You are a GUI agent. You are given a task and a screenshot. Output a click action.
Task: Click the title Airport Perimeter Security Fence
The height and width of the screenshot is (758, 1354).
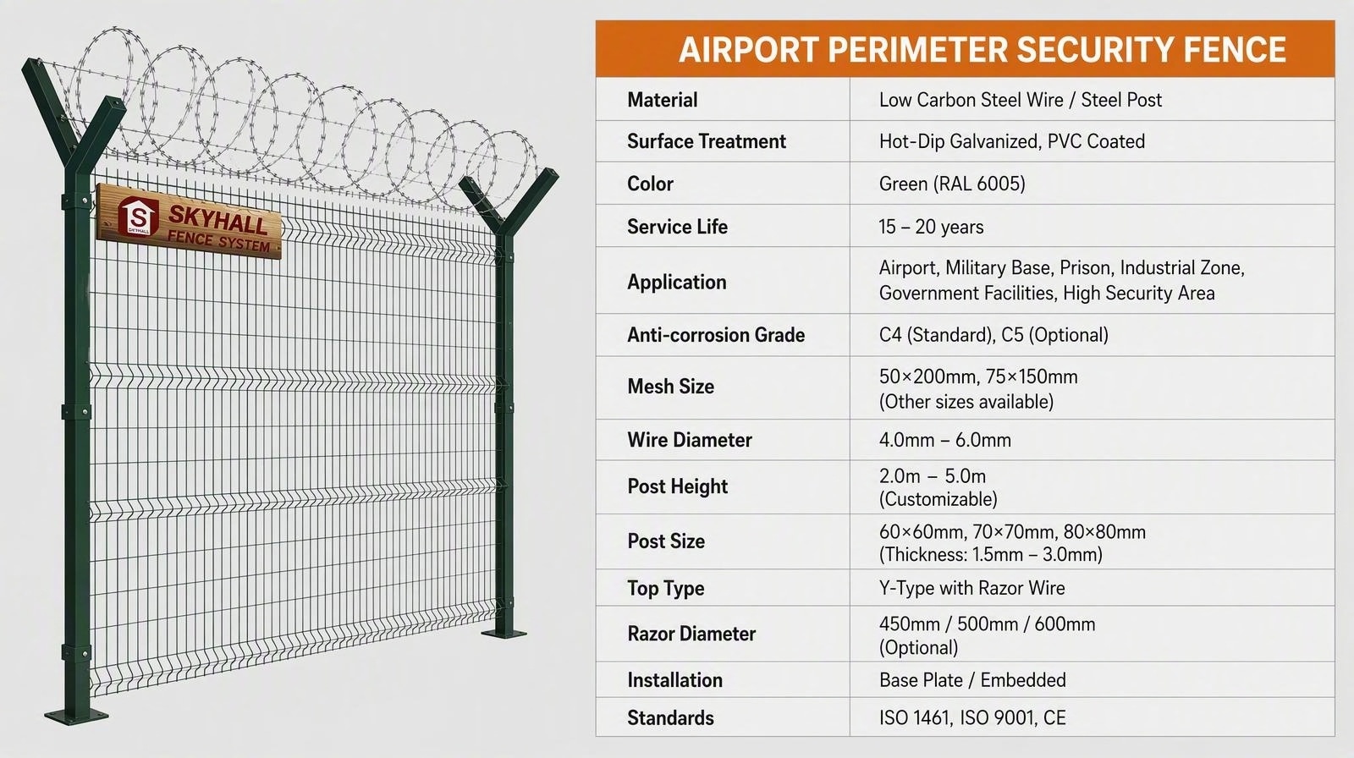pyautogui.click(x=982, y=50)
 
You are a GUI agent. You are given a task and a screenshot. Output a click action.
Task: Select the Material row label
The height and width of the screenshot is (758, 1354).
pyautogui.click(x=663, y=100)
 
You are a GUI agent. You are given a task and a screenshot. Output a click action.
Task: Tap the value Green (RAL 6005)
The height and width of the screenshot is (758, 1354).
pyautogui.click(x=952, y=184)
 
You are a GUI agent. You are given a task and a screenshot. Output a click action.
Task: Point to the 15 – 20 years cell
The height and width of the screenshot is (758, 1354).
pyautogui.click(x=931, y=227)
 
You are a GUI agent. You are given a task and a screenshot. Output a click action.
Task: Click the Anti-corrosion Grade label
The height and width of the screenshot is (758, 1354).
pyautogui.click(x=716, y=335)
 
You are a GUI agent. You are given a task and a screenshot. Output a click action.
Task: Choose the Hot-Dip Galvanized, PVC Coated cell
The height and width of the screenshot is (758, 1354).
pyautogui.click(x=1012, y=141)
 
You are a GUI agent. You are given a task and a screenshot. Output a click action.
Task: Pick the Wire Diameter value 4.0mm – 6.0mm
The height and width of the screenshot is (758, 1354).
pyautogui.click(x=944, y=440)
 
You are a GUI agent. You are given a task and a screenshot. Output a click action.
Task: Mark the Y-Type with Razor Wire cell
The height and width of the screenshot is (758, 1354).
pyautogui.click(x=972, y=588)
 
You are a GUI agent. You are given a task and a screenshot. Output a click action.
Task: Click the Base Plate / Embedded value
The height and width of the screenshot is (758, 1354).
pyautogui.click(x=972, y=680)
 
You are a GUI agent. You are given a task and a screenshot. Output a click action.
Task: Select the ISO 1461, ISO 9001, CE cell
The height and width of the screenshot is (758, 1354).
pyautogui.click(x=972, y=717)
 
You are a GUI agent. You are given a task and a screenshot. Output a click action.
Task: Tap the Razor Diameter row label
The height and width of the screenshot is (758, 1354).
pyautogui.click(x=691, y=634)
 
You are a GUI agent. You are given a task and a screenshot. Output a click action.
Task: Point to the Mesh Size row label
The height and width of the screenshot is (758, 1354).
pyautogui.click(x=671, y=387)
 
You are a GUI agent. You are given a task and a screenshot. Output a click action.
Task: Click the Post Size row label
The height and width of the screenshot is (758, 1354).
pyautogui.click(x=666, y=541)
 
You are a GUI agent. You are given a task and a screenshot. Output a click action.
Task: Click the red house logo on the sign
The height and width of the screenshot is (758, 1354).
pyautogui.click(x=138, y=216)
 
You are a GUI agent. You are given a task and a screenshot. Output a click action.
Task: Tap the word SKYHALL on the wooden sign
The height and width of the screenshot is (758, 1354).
pyautogui.click(x=217, y=220)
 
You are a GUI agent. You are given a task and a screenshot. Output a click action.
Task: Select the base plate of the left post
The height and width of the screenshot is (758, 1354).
pyautogui.click(x=76, y=716)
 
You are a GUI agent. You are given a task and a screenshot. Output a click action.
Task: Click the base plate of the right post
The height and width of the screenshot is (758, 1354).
pyautogui.click(x=504, y=633)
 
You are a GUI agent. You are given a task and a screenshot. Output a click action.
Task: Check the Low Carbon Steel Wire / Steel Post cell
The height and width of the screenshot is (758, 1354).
pyautogui.click(x=1021, y=100)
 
